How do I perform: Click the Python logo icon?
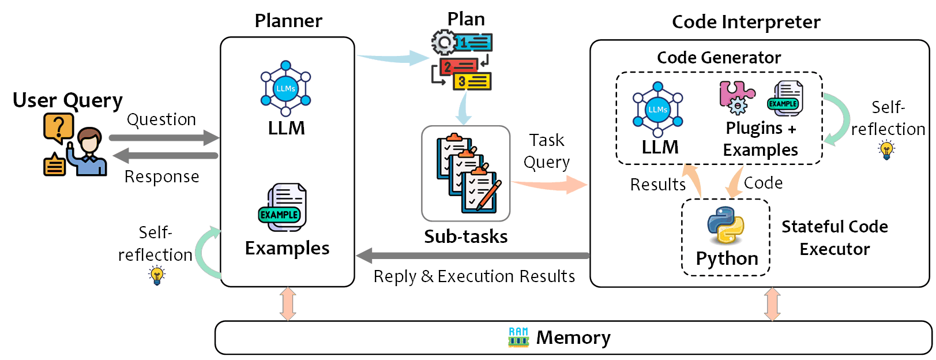[726, 226]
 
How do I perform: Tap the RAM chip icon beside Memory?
[518, 337]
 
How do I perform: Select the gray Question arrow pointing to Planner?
[164, 138]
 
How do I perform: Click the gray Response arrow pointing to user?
[165, 155]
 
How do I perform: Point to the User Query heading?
[67, 100]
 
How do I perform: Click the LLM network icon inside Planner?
[285, 89]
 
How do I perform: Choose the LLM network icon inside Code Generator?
[657, 110]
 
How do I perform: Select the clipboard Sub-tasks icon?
[466, 173]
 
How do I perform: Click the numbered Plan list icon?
[463, 61]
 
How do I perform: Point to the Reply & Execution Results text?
[474, 276]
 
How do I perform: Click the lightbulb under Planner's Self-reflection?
[157, 276]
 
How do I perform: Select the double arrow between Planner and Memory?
[288, 304]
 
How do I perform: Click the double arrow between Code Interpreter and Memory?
[772, 304]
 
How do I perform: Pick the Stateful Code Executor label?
[834, 238]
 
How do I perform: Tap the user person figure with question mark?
[75, 145]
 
